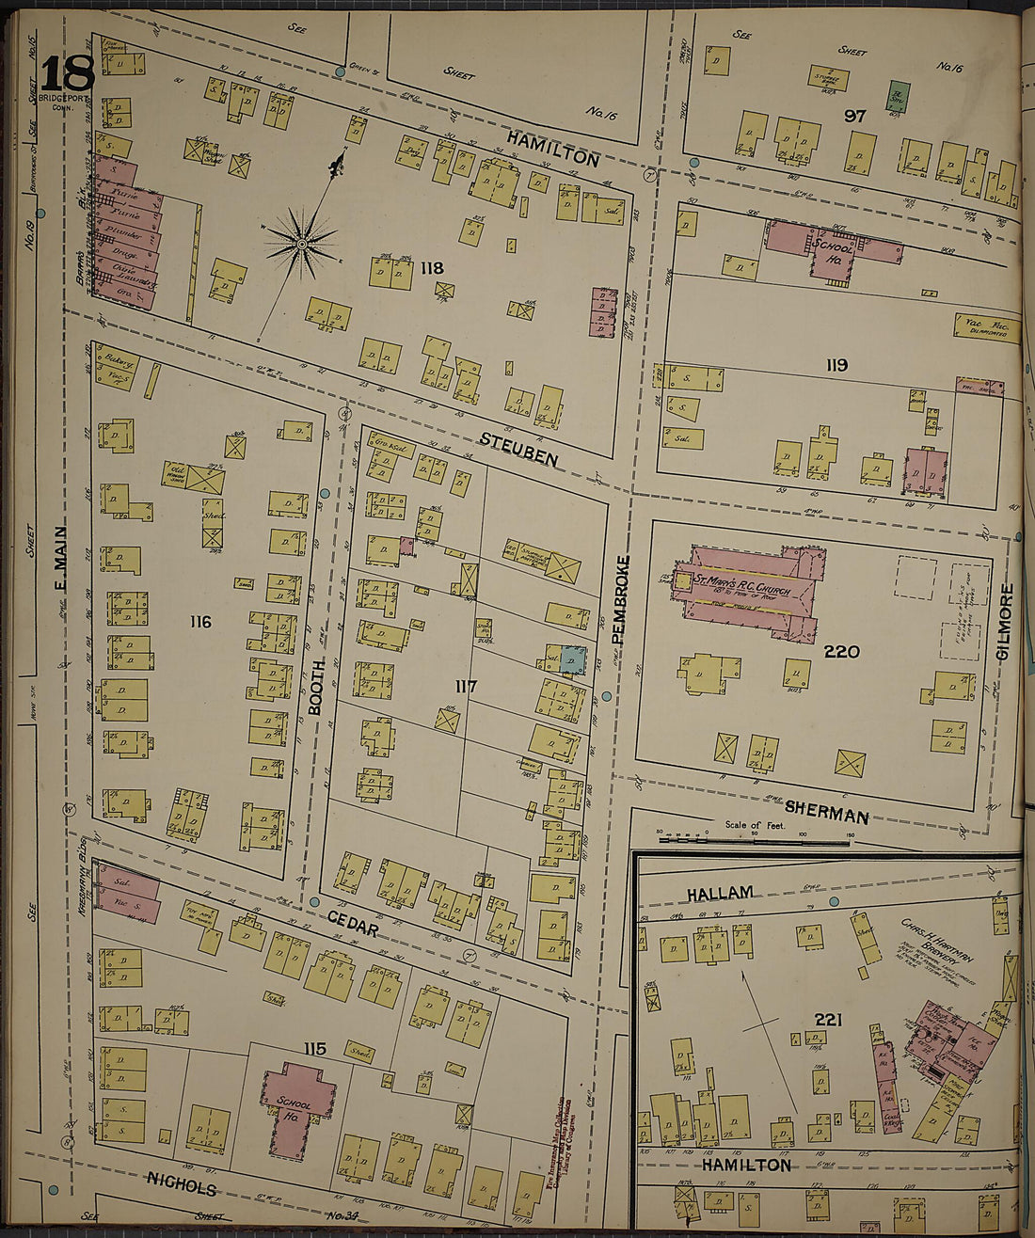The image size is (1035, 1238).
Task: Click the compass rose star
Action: coord(302,244)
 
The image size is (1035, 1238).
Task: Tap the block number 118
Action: coord(432,268)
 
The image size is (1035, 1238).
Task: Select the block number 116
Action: coord(199,622)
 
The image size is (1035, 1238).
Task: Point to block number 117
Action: coord(466,687)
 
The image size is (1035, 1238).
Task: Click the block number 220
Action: coord(841,651)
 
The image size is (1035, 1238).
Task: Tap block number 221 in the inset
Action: coord(828,1020)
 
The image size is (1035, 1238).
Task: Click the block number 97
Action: coord(854,116)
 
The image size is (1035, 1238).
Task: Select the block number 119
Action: coord(836,365)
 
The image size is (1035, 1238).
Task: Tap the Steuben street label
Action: coord(518,451)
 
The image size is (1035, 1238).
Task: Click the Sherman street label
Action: coord(825,812)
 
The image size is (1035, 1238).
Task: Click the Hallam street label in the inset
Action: coord(719,893)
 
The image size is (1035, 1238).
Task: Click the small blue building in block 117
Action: coord(573,659)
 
